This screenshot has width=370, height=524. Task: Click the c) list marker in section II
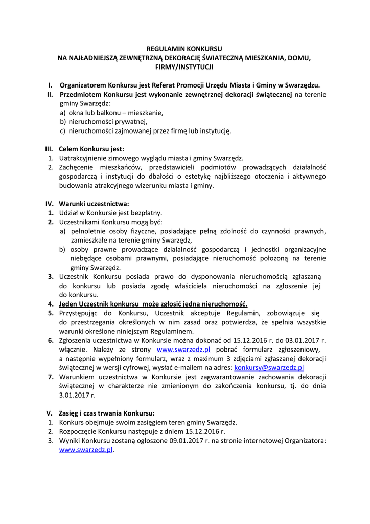point(63,131)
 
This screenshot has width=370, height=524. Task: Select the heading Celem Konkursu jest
point(91,149)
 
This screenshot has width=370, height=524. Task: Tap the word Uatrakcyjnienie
point(85,158)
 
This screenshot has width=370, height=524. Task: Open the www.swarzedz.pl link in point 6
point(176,350)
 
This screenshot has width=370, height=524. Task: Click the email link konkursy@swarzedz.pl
point(269,367)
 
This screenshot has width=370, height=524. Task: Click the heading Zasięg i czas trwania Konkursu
point(107,413)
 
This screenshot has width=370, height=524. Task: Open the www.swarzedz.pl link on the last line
point(85,450)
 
